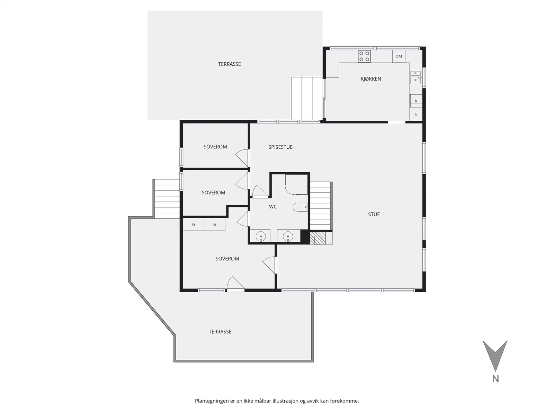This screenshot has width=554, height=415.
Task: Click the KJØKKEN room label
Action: (371, 79)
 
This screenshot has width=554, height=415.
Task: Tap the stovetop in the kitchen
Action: (364, 56)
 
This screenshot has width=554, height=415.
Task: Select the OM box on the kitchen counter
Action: (399, 56)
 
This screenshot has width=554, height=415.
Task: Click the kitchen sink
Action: (415, 77)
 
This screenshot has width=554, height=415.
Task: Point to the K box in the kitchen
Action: (416, 101)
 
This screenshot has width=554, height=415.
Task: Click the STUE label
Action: (374, 214)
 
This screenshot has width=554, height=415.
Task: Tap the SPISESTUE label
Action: (280, 147)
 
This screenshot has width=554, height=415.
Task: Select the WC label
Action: (273, 206)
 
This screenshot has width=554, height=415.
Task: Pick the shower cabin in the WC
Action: (296, 184)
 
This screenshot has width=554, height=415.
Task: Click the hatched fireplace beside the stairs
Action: (318, 238)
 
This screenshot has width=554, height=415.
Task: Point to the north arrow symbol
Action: (495, 356)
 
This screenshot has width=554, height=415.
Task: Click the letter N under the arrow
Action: (495, 379)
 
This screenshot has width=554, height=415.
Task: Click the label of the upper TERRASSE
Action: (230, 64)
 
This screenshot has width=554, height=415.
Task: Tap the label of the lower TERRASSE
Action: (220, 332)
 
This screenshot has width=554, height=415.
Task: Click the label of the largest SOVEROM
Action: (227, 259)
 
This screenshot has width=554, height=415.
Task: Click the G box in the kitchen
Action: (416, 114)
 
